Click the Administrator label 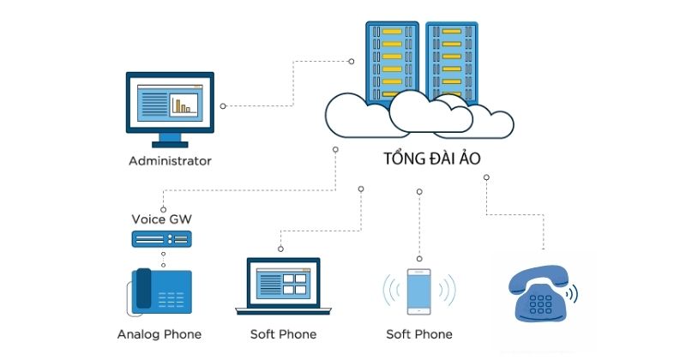170,160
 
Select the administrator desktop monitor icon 170,107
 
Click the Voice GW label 162,219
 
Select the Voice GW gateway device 162,237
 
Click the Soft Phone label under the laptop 283,333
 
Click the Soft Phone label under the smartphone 418,333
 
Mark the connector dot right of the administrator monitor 223,106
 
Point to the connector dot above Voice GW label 162,208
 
